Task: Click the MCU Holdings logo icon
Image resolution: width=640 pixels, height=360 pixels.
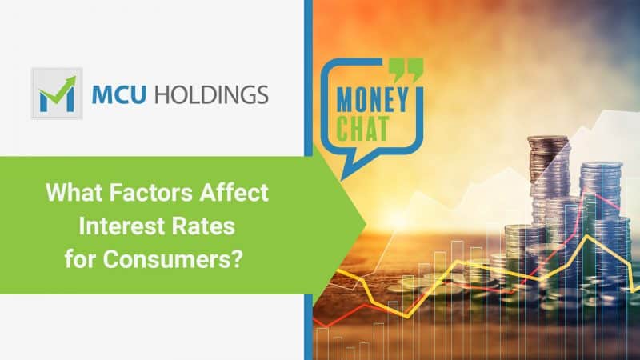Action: point(57,93)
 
